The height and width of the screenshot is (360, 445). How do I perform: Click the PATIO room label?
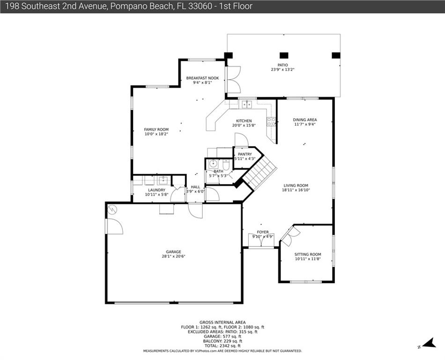click(282, 65)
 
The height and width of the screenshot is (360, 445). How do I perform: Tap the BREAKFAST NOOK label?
click(202, 78)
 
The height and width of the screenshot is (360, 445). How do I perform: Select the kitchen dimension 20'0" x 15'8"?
click(244, 125)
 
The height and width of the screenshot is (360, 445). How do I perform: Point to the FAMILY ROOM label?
click(156, 129)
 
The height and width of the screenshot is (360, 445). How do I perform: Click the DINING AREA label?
click(305, 120)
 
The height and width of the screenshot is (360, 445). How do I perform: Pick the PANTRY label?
click(245, 154)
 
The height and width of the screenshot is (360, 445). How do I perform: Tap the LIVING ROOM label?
click(296, 186)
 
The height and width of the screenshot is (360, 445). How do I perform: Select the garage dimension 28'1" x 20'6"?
click(173, 256)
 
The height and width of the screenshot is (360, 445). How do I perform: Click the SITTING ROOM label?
click(308, 255)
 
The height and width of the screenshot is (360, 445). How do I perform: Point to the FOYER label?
click(263, 232)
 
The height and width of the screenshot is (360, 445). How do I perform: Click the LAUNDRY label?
click(156, 190)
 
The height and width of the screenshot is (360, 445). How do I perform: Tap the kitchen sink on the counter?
click(247, 104)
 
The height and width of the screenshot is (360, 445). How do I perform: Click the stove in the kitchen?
click(271, 122)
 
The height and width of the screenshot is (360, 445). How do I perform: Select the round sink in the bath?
click(213, 164)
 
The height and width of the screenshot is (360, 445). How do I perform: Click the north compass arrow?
click(429, 343)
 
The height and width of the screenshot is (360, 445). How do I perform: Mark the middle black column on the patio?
click(284, 55)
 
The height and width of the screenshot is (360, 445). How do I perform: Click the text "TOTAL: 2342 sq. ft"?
click(222, 346)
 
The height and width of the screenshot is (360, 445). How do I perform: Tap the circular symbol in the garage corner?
click(112, 209)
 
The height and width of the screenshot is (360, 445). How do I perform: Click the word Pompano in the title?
click(124, 6)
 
